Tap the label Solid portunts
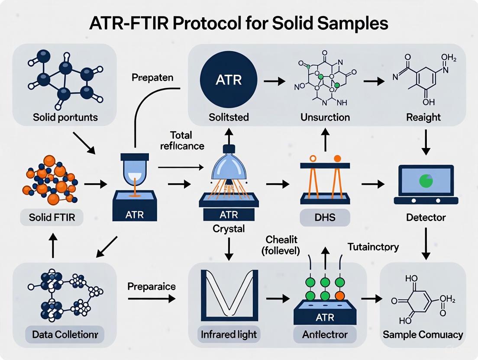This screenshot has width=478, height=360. coord(65,117)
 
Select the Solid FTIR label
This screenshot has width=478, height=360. coord(52,217)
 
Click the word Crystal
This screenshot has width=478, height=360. coord(229,229)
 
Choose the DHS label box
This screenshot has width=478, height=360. coord(325,217)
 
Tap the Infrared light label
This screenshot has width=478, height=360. coord(229,334)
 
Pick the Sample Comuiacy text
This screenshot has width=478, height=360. coord(423,334)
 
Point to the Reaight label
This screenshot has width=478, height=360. coord(423,117)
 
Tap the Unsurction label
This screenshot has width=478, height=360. coord(325,117)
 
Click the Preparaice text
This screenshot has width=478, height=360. coord(152,286)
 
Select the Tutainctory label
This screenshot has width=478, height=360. coord(373,247)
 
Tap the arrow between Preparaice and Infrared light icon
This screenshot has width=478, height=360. coord(152,299)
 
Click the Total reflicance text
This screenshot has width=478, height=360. coord(182,141)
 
